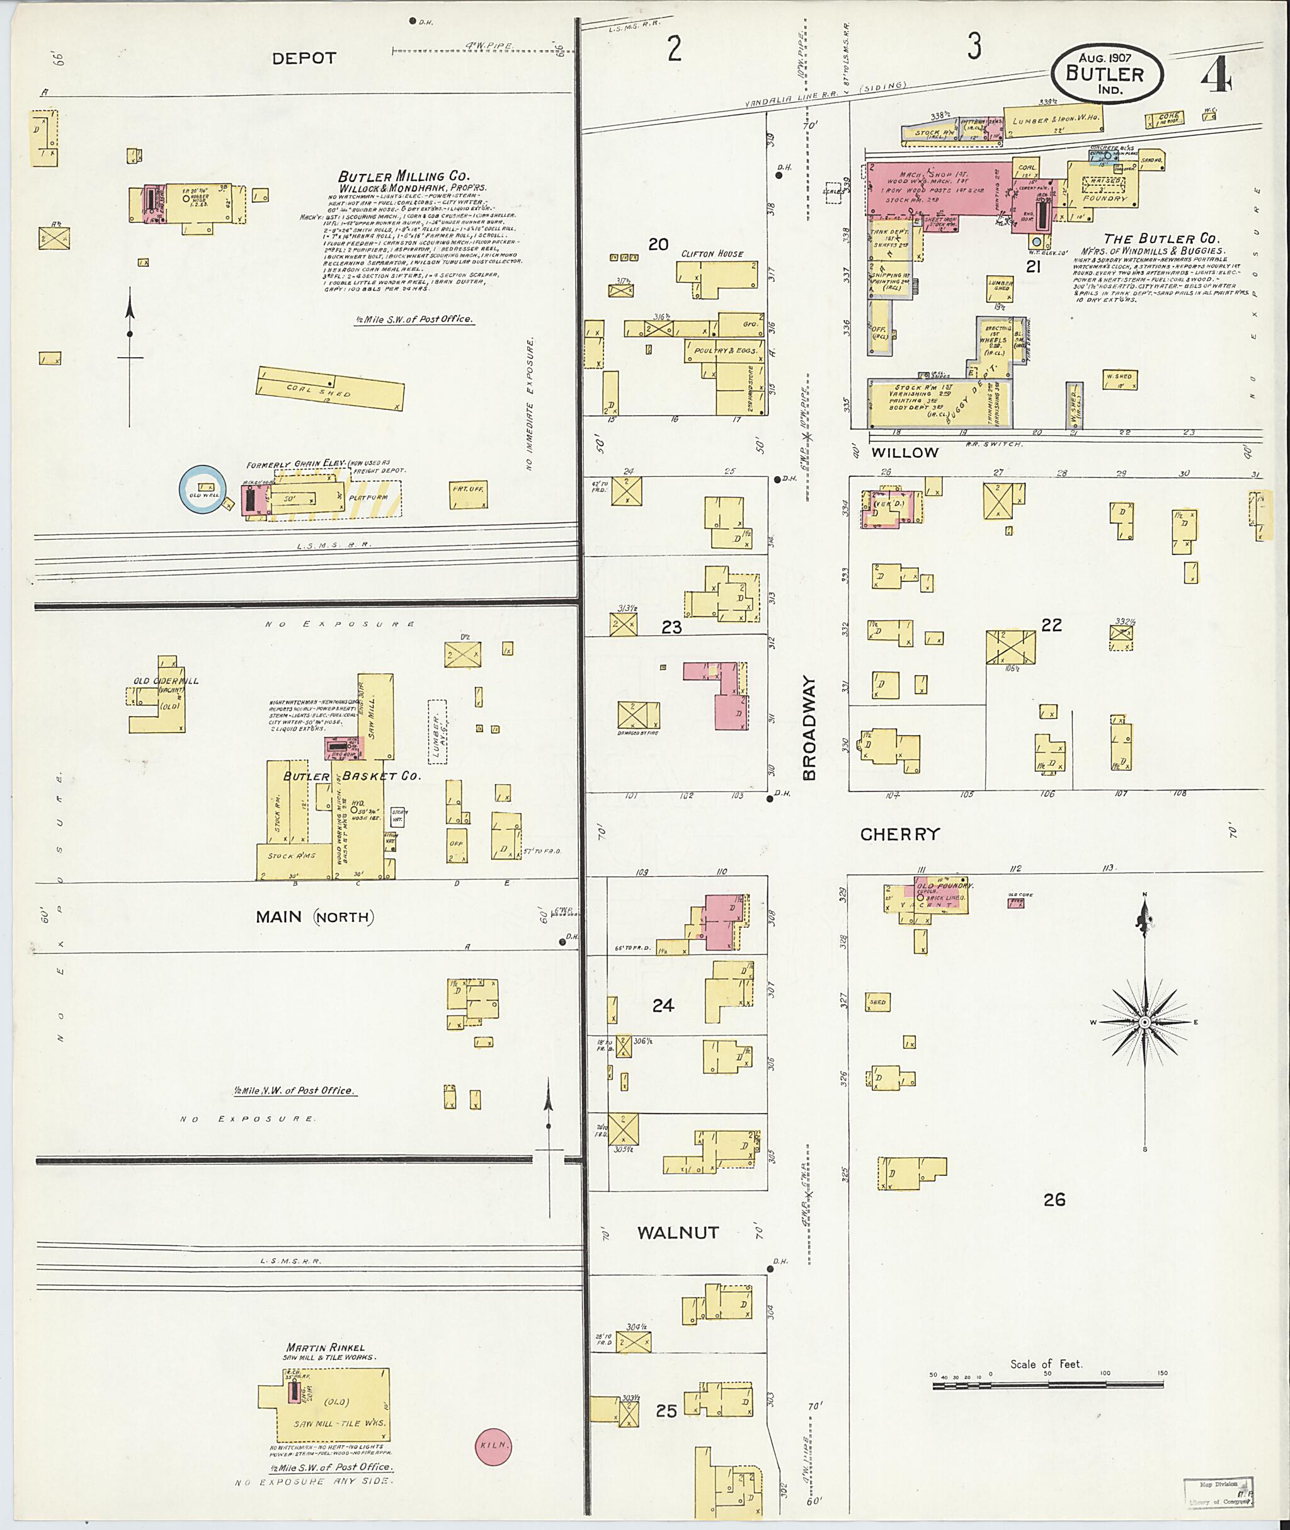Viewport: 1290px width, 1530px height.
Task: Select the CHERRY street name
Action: (x=899, y=835)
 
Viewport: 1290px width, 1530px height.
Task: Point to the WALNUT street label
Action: (x=678, y=1232)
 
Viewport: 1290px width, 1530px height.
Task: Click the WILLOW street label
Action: (x=905, y=453)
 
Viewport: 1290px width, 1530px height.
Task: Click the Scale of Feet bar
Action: (x=1047, y=1384)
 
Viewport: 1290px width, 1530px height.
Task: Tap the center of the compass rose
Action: (x=1144, y=1022)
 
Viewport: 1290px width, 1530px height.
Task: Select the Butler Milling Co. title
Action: (x=404, y=176)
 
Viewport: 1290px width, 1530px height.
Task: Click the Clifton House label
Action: (x=712, y=254)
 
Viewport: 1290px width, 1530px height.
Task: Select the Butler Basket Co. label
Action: (x=351, y=776)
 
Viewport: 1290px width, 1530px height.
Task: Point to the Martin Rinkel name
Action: (x=326, y=1347)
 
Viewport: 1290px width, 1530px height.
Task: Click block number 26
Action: (x=1054, y=1199)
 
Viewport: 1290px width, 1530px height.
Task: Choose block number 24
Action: (x=663, y=1005)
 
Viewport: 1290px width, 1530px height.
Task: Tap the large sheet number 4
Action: (x=1217, y=76)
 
